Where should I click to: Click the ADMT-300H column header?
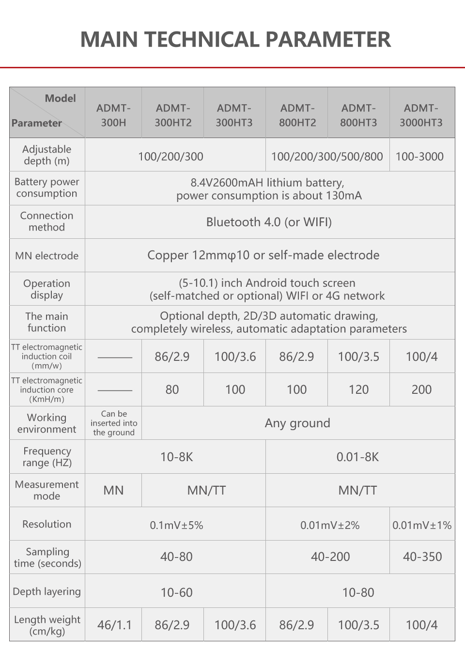click(113, 115)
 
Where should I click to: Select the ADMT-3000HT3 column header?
click(421, 115)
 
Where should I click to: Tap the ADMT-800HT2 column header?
click(297, 115)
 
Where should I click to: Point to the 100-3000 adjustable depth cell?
click(419, 156)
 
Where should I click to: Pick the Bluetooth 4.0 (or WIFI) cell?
click(269, 222)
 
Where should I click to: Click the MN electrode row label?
click(47, 256)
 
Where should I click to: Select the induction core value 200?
click(421, 389)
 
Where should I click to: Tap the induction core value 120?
click(358, 389)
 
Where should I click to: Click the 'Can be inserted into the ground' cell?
click(113, 423)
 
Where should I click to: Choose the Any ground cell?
click(297, 423)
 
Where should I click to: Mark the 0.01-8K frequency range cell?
click(357, 457)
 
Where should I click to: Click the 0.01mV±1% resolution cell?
click(422, 525)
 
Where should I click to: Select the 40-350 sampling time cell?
click(422, 557)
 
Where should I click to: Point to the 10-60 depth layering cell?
click(176, 592)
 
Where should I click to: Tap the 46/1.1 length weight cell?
click(114, 625)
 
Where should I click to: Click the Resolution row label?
click(47, 524)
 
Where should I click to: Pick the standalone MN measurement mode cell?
click(113, 490)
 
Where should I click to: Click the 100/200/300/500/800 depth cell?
click(327, 156)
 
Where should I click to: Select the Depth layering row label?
click(47, 591)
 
